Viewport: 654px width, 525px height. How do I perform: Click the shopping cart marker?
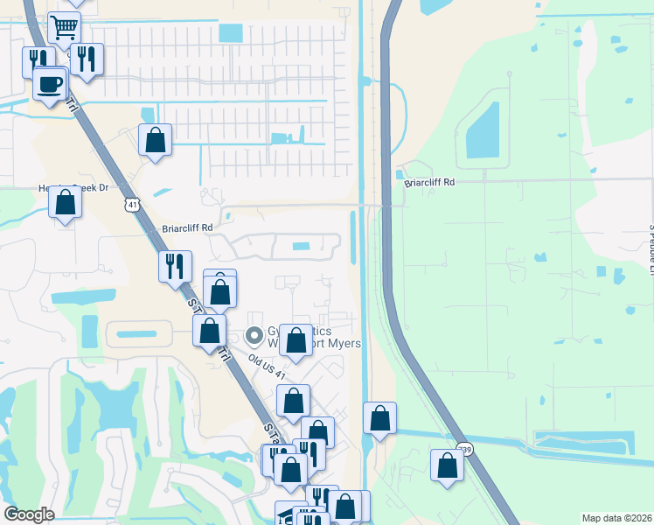tap(64, 27)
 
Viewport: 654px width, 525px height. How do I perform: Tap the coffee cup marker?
tap(50, 84)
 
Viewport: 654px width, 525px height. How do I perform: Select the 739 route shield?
tap(465, 450)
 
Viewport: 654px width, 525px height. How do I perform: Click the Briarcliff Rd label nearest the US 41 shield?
tap(187, 227)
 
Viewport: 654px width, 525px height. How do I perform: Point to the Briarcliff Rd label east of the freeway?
tap(429, 183)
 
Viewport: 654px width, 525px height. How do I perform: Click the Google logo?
tap(29, 514)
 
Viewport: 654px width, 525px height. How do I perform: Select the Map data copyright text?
tap(615, 518)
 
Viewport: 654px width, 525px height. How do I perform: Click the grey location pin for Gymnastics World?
tap(254, 335)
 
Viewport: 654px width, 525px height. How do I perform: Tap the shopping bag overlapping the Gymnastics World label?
tap(296, 341)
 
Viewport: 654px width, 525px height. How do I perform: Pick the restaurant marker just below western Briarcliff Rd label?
tap(175, 265)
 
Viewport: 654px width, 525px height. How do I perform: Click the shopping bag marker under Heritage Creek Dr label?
tap(66, 203)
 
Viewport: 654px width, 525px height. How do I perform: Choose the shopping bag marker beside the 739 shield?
tap(447, 465)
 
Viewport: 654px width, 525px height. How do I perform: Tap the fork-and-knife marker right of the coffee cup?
tap(87, 59)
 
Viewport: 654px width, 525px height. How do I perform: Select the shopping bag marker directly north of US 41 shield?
tap(155, 140)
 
